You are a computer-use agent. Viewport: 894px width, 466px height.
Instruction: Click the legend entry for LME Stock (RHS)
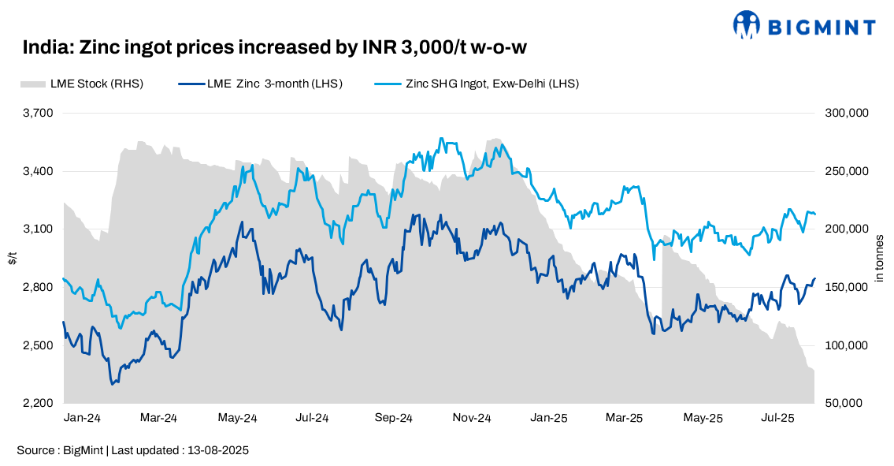(x=81, y=84)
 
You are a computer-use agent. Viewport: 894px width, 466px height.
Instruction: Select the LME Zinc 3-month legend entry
(x=261, y=84)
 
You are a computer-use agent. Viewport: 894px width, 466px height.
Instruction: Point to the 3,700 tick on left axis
(x=38, y=113)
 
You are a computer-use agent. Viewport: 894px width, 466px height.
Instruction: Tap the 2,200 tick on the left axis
(x=38, y=403)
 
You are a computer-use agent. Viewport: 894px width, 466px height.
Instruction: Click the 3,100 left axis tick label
(x=38, y=229)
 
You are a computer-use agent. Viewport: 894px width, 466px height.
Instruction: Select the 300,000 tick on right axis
(x=847, y=113)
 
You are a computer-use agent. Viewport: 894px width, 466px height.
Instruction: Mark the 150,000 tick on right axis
(x=847, y=287)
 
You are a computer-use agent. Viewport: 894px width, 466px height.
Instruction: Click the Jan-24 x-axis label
(x=83, y=417)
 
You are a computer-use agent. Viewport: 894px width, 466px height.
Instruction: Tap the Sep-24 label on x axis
(x=394, y=417)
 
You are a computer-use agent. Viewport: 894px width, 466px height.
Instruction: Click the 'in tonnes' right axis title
(x=880, y=258)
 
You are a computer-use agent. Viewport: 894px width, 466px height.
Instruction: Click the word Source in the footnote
(x=35, y=450)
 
